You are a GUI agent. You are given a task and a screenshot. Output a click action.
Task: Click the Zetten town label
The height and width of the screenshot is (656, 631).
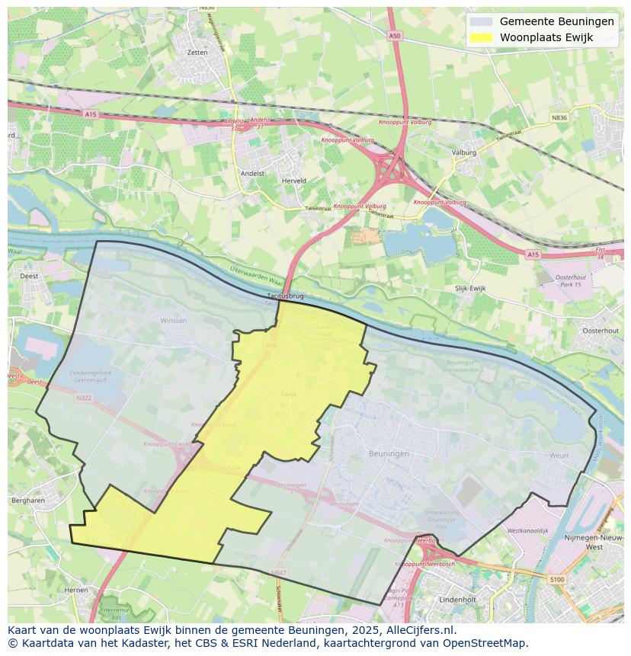197,53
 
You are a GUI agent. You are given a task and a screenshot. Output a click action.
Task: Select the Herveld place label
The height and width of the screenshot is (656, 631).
293,181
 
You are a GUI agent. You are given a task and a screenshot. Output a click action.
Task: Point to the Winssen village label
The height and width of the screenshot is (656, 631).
173,321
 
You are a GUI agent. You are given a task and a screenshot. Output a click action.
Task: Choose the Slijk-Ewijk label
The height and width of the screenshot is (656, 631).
470,289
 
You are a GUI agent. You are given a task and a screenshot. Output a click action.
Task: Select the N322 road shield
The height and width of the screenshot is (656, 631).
83,397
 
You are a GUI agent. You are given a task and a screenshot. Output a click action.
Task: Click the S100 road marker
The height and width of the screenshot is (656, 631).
557,581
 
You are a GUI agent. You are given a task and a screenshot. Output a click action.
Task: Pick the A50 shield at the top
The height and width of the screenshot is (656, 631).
394,36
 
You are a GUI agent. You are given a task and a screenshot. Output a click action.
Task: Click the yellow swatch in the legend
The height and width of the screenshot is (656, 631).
481,37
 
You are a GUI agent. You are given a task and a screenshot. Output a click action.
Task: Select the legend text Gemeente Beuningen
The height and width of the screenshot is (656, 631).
556,21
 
